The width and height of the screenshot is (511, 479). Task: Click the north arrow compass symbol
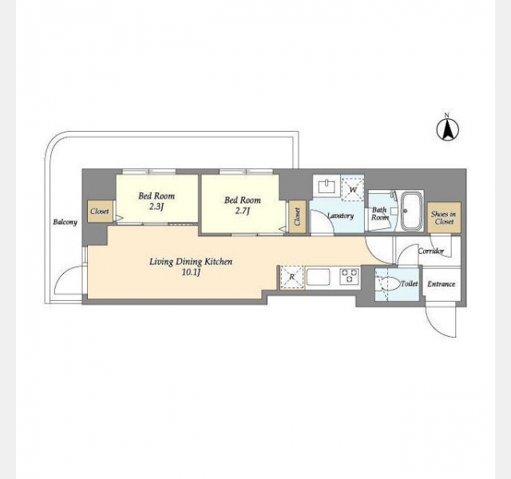pos(447,129)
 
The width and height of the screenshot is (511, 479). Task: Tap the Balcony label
pos(65,222)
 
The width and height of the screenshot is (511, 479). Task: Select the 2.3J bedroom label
pos(156,200)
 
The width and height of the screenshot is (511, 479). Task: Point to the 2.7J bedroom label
pos(243,205)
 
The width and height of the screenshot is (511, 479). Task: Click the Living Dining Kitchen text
pos(191,266)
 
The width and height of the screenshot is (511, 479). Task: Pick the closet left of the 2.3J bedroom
pos(100,211)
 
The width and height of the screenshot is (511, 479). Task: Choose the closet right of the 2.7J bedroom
pos(297,217)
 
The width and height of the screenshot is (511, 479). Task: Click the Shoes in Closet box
pos(444,218)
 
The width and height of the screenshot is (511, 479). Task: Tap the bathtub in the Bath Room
pos(411,211)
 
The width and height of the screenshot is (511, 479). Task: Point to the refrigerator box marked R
pos(292,277)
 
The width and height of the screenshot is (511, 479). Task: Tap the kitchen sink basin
pos(318,277)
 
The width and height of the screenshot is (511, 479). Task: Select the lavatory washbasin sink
pos(327,187)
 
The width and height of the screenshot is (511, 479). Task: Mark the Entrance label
pos(441,284)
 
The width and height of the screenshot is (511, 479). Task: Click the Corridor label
pos(431,251)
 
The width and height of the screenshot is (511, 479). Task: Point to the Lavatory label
pos(340,216)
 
